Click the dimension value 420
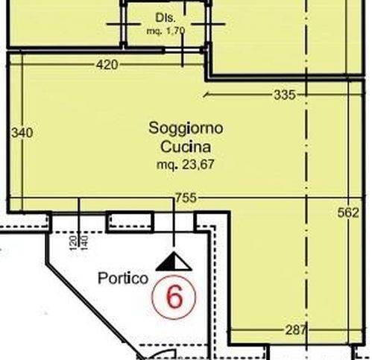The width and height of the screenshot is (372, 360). coord(107,65)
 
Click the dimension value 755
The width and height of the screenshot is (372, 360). coord(186,198)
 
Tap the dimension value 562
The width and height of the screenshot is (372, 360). coord(348,212)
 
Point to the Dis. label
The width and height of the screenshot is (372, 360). coord(164,16)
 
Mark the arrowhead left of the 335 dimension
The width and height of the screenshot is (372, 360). coord(207,95)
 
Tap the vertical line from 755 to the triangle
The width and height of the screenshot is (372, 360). coord(174,227)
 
